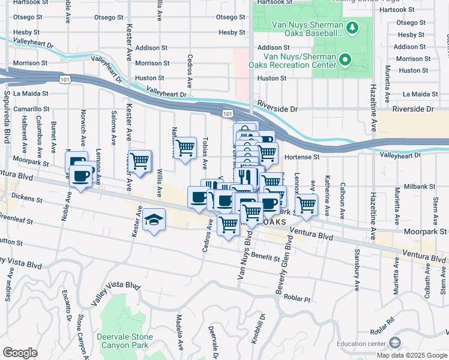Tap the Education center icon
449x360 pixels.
pos(394,343)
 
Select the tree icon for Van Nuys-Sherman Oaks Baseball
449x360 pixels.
pos(353,28)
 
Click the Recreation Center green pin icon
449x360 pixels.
pos(345,59)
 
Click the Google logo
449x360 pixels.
pos(20,353)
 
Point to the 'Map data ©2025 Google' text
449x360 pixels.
pos(412,355)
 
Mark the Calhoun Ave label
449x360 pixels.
pos(343,199)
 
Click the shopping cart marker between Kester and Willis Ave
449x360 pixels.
pos(139,161)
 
